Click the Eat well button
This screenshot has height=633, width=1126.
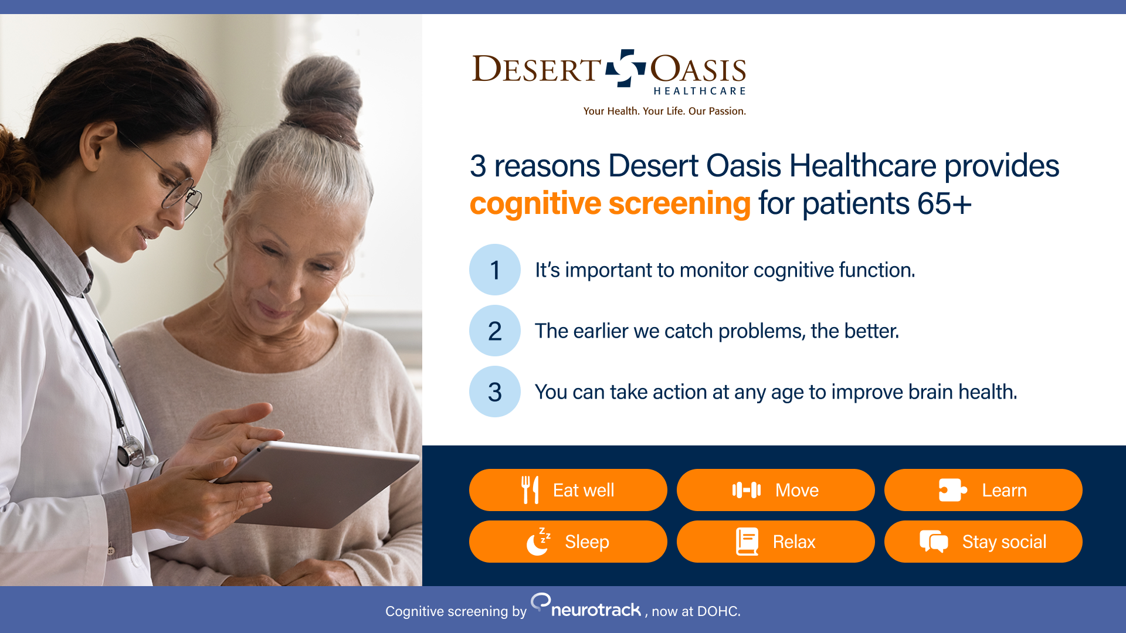tap(568, 490)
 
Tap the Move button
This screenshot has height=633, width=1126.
tap(775, 490)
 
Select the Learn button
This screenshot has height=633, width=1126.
tap(983, 490)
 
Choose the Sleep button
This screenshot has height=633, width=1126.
tap(568, 542)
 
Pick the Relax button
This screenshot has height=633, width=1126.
tap(775, 542)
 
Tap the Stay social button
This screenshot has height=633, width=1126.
tap(983, 542)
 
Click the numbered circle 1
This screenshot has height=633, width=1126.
tap(495, 270)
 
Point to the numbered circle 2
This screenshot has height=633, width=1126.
tap(495, 331)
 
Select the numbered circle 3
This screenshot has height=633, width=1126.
tap(495, 392)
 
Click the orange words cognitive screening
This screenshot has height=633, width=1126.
tap(610, 204)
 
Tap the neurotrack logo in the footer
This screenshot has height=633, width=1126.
tap(586, 607)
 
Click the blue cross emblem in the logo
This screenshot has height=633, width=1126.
tap(626, 68)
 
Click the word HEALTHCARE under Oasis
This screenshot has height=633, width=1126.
tap(699, 91)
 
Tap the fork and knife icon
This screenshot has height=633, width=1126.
tap(530, 490)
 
